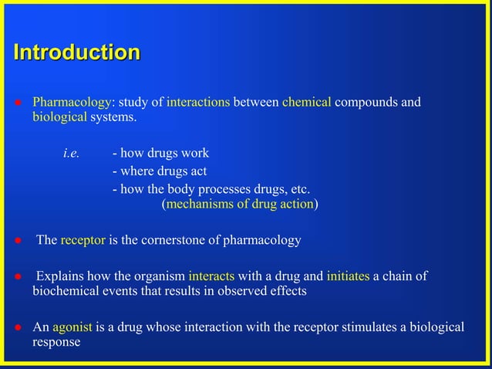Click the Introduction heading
click(x=77, y=53)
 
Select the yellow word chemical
click(x=307, y=103)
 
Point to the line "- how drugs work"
click(x=160, y=154)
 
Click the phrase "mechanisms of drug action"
click(x=239, y=205)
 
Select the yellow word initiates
click(x=348, y=276)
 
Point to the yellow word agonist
click(x=72, y=327)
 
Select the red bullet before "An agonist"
click(x=16, y=327)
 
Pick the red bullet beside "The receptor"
click(x=16, y=241)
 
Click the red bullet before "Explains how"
click(x=16, y=277)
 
